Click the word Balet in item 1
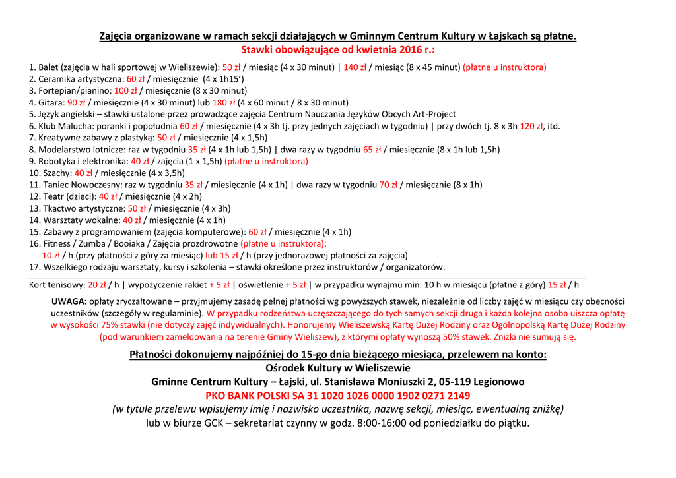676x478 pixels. pos(48,67)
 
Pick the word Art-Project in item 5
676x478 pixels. pos(433,114)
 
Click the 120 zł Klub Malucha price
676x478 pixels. pos(531,126)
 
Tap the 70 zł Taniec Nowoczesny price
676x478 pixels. pos(388,185)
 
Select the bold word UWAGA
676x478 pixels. pos(69,301)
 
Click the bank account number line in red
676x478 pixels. pos(337,396)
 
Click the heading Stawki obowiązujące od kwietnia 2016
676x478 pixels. pos(337,50)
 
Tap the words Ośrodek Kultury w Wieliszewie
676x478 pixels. pos(337,368)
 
